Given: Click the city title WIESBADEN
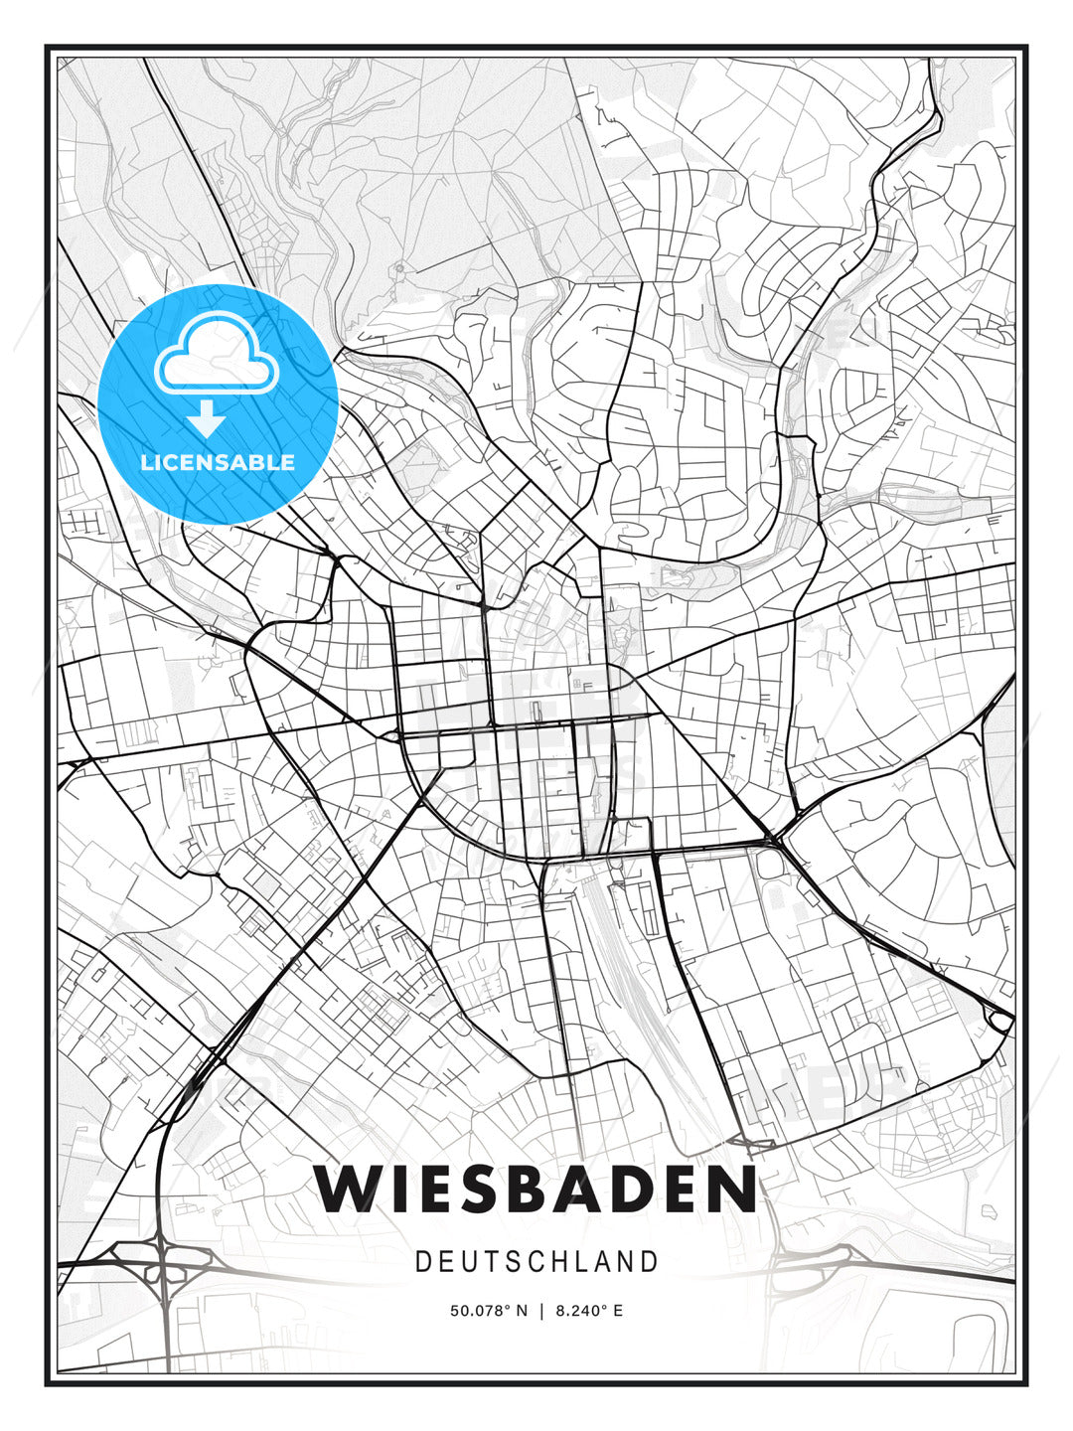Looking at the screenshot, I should tap(536, 1189).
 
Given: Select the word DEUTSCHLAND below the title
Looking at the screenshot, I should tap(536, 1261).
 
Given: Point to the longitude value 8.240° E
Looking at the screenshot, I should tap(589, 1311).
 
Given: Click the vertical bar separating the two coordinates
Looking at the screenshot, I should tap(541, 1311).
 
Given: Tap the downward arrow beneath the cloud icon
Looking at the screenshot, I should tap(206, 419).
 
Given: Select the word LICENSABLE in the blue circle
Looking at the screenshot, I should tap(218, 462).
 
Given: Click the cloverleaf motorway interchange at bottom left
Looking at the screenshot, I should tap(159, 1262).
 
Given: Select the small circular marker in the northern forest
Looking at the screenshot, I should tap(399, 266).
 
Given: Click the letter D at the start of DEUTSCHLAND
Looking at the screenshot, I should tap(422, 1261).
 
